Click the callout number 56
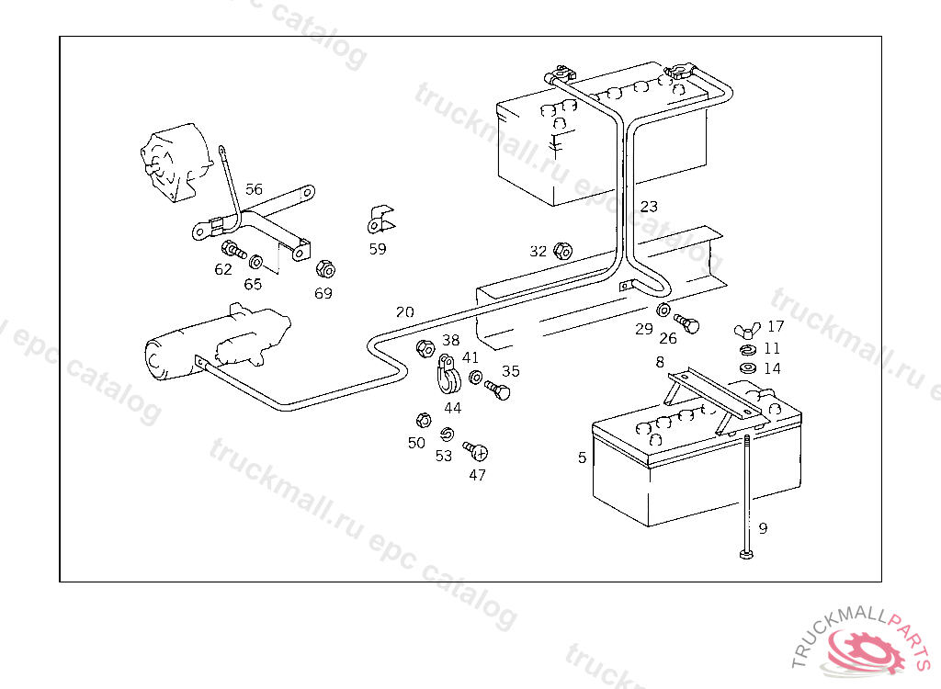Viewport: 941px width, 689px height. [254, 189]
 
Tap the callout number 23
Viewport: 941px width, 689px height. [649, 206]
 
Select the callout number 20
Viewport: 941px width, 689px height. [404, 312]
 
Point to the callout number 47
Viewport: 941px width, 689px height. [477, 475]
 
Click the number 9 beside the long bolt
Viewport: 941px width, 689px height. [762, 528]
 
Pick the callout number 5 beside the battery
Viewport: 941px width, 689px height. [582, 457]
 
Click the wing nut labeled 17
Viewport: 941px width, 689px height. [745, 331]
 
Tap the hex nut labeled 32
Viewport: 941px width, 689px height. [564, 251]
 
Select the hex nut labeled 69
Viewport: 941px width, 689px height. [324, 269]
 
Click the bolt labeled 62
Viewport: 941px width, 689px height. [232, 249]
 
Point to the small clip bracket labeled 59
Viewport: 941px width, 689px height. [379, 220]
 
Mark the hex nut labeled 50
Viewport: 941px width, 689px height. [423, 420]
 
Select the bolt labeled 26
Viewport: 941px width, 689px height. [686, 322]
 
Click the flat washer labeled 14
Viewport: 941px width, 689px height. [749, 368]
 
